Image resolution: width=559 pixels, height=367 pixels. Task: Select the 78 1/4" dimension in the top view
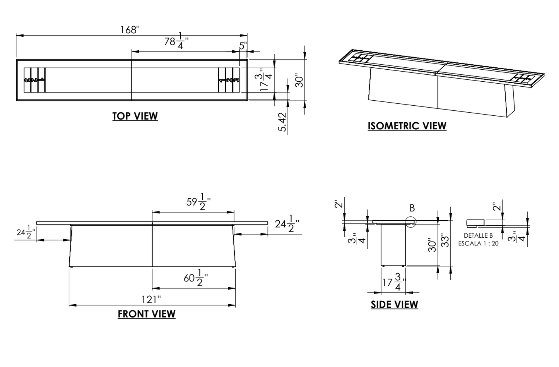176,41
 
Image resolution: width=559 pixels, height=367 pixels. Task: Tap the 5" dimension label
243,46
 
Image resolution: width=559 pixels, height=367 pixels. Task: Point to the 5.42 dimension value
283,122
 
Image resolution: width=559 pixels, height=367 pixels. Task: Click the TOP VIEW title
135,116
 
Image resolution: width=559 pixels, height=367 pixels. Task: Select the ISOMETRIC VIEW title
407,126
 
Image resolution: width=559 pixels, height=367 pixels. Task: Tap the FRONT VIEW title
147,314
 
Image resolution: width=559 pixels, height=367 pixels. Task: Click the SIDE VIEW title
394,305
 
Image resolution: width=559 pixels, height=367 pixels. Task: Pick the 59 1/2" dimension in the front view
198,202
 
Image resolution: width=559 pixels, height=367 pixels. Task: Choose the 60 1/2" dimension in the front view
196,278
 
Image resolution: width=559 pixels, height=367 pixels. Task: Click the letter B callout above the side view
412,208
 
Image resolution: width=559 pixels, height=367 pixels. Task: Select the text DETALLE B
478,236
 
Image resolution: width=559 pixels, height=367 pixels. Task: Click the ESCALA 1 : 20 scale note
478,244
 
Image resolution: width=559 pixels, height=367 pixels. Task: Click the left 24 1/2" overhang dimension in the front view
26,232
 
